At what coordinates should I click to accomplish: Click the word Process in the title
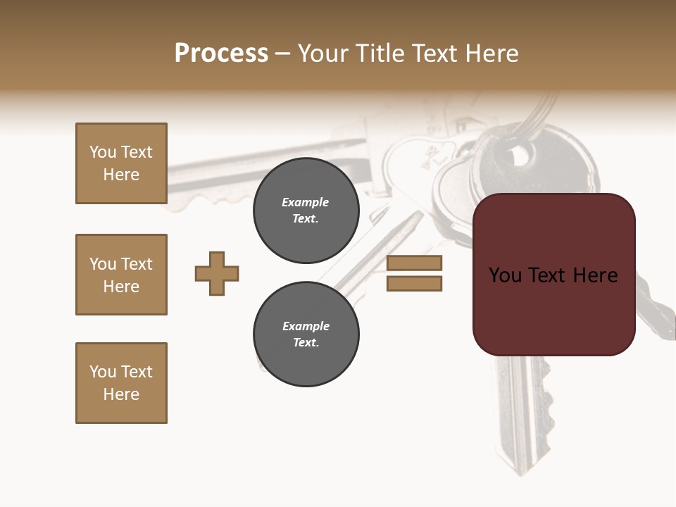coord(221,54)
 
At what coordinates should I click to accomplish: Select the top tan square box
coord(121,163)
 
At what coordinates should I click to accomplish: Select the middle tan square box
coord(121,275)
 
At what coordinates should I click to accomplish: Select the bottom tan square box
coord(121,383)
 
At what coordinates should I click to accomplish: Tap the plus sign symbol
coord(217,273)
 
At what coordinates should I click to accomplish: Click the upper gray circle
coord(306,210)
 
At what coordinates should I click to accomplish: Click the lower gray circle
coord(306,334)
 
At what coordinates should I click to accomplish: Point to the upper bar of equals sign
coord(414,263)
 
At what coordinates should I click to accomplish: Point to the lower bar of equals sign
coord(414,283)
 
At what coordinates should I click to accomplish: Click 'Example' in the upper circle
coord(306,202)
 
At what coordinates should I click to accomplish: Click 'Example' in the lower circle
coord(306,326)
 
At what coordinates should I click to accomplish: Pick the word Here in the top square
coord(121,175)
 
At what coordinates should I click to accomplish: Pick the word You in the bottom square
coord(103,372)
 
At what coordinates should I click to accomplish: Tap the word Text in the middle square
coord(137,264)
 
